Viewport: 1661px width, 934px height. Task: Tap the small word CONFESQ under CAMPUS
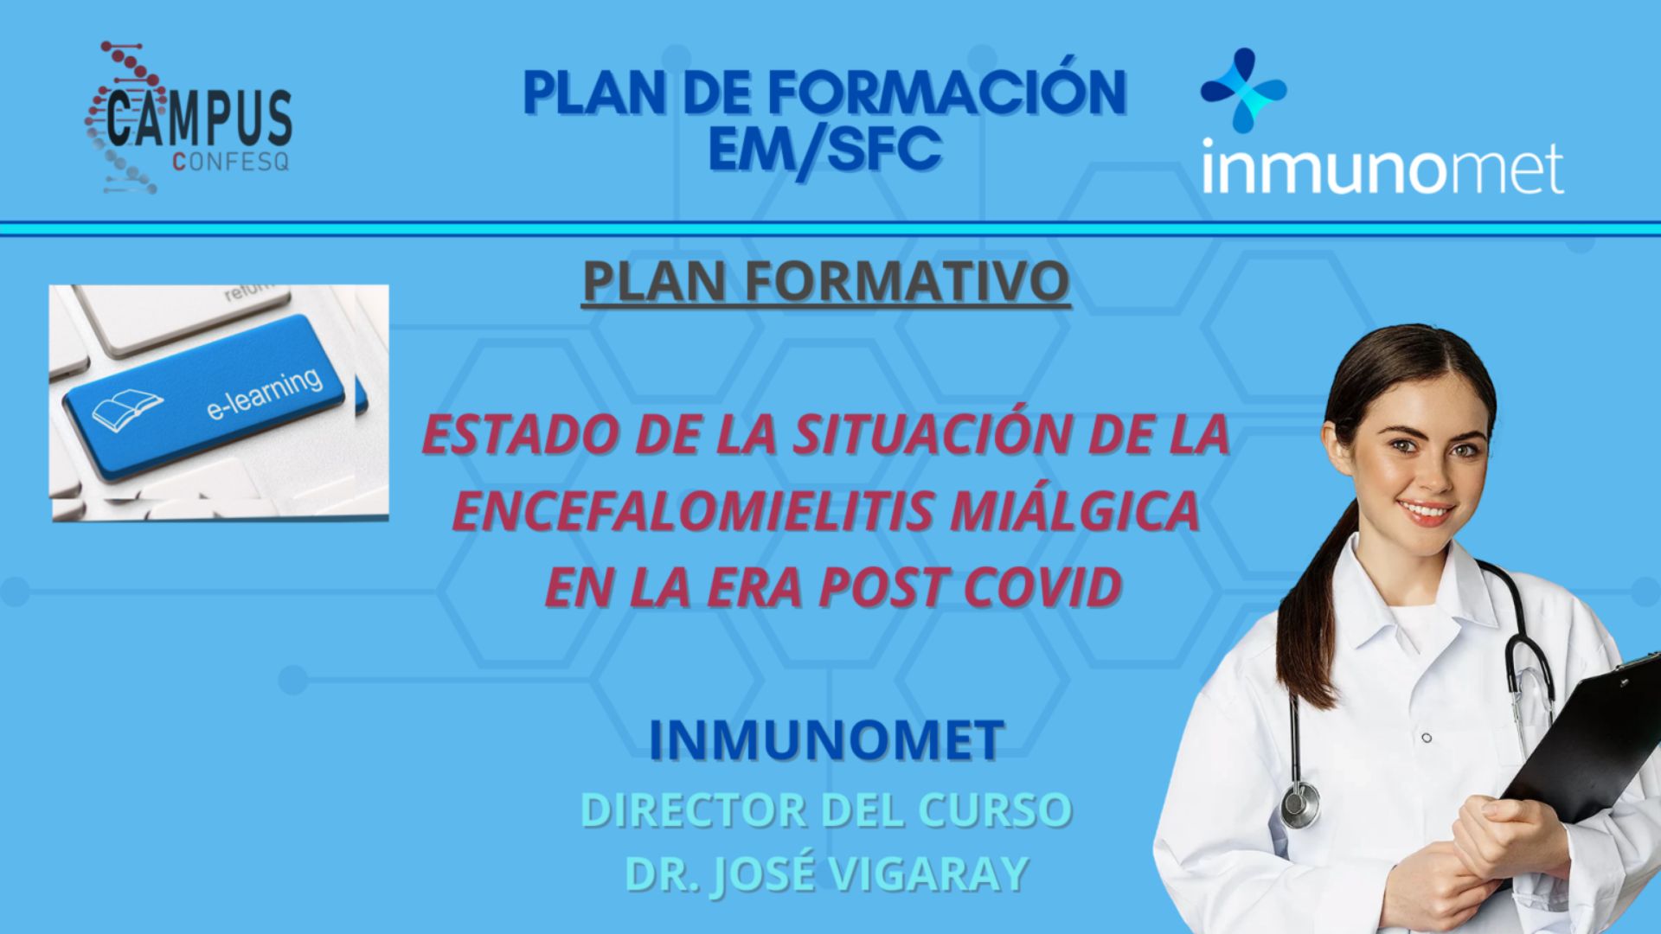231,162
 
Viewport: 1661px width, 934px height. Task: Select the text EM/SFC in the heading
824,149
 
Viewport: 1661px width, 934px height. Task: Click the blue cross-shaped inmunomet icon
1244,91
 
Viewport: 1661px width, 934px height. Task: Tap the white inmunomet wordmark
1382,168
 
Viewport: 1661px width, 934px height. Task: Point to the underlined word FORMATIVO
907,280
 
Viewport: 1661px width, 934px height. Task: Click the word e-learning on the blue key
264,393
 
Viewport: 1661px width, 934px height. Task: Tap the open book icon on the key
126,409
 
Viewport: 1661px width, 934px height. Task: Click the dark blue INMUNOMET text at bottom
826,740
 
